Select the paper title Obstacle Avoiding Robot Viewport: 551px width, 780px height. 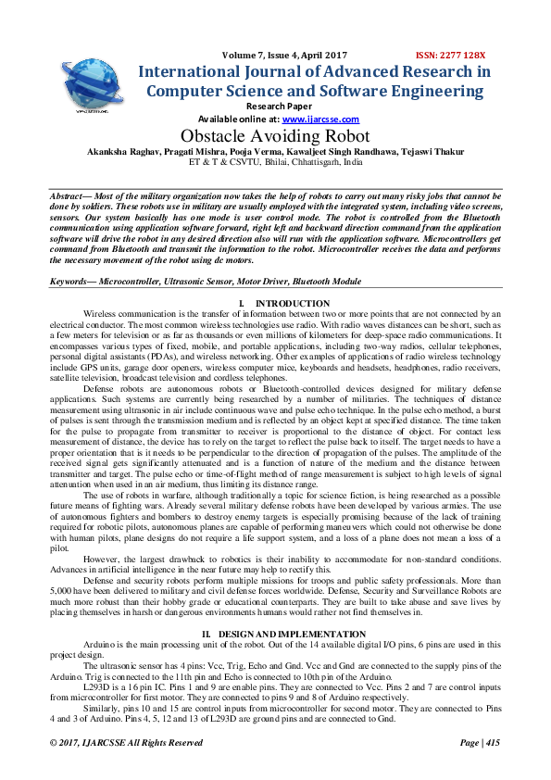(x=275, y=135)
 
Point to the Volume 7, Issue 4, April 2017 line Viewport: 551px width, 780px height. (x=277, y=55)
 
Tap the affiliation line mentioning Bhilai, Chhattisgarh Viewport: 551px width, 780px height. (x=275, y=161)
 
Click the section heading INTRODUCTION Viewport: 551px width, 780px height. (x=293, y=304)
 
